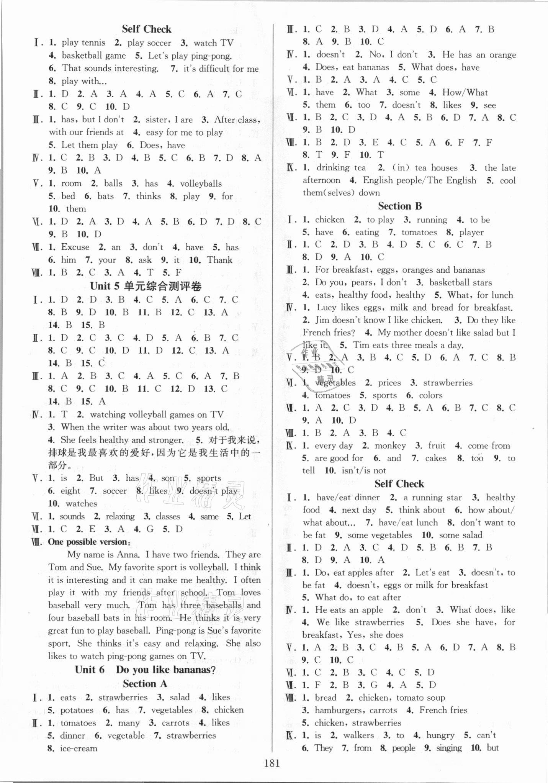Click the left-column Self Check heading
click(147, 29)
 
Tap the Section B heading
click(400, 206)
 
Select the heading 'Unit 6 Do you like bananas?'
click(146, 670)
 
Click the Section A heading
click(146, 684)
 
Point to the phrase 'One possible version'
click(88, 542)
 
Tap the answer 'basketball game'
click(94, 56)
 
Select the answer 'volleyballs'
click(201, 183)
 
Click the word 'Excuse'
click(75, 247)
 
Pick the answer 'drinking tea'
click(341, 168)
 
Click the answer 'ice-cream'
click(79, 748)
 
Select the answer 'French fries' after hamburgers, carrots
click(443, 710)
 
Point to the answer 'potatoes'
click(77, 710)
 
